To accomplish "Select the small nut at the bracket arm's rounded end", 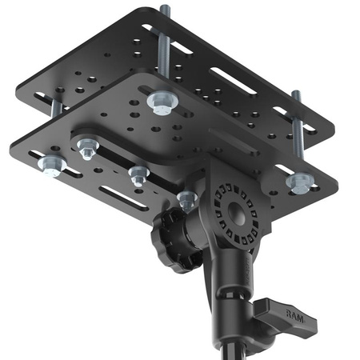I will coord(86,147).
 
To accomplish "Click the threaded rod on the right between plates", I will coord(298,120).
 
